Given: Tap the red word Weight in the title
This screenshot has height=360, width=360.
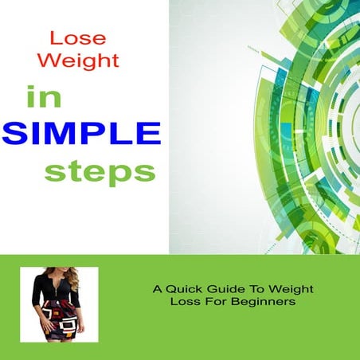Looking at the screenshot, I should click(x=84, y=61).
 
